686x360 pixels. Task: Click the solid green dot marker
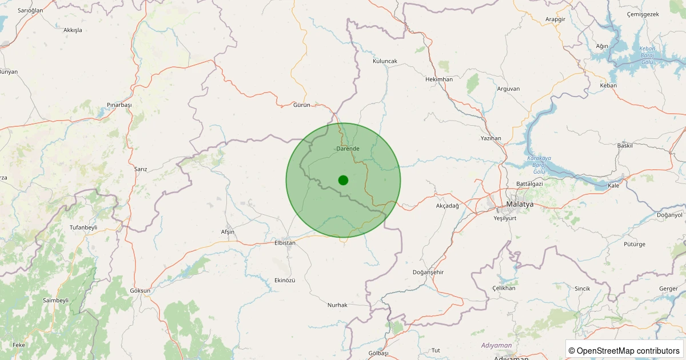pos(343,180)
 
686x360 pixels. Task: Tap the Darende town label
pos(348,149)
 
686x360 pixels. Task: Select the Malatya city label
pos(520,204)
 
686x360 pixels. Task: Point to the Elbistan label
pos(285,243)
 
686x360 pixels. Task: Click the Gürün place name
pos(301,105)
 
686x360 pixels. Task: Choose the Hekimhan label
pos(439,79)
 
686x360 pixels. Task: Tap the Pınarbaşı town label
pos(119,105)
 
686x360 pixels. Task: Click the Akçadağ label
pos(448,206)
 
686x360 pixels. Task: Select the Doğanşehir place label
pos(428,273)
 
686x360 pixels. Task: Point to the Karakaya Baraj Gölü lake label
pos(539,165)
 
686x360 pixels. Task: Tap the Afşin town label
pos(228,232)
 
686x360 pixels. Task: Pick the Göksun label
pos(140,291)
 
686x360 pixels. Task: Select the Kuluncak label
pos(385,61)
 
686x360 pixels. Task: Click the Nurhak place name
pos(337,305)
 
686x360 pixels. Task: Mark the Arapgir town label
pos(555,19)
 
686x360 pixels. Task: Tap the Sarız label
pos(141,170)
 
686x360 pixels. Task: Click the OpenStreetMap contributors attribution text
pos(625,350)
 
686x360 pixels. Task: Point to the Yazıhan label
pos(491,139)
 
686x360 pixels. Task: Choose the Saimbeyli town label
pos(55,301)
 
